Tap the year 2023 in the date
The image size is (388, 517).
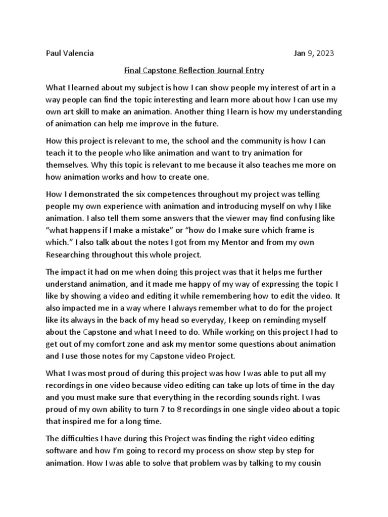coord(324,53)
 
